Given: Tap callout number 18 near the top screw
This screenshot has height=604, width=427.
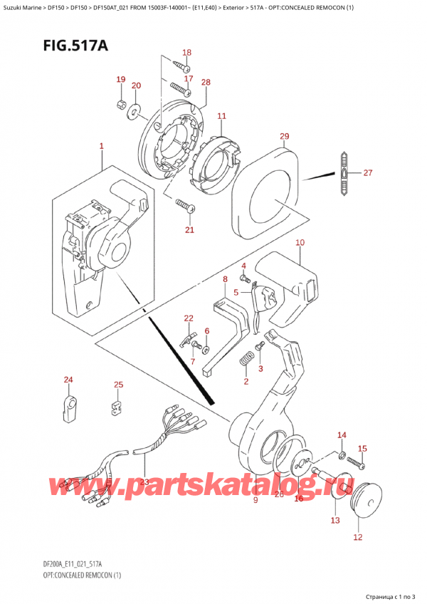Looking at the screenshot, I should pos(186,53).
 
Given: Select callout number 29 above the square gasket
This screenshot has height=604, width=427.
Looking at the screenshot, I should pos(285,137).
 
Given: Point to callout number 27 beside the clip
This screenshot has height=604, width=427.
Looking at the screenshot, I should pos(367,172).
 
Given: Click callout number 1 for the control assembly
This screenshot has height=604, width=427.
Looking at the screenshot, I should pos(102,146).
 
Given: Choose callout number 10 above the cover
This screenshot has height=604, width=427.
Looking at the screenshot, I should pos(300,243).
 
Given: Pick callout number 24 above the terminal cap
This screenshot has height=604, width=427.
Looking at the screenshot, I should pos(68,380).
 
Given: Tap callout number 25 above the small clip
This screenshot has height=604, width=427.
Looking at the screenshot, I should pos(118,385).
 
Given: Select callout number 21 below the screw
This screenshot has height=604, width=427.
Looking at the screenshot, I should pos(189,229).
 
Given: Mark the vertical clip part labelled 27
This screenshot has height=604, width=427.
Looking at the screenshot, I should pos(345,173).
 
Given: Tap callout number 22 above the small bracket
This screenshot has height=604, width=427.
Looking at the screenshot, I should pos(188,318).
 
